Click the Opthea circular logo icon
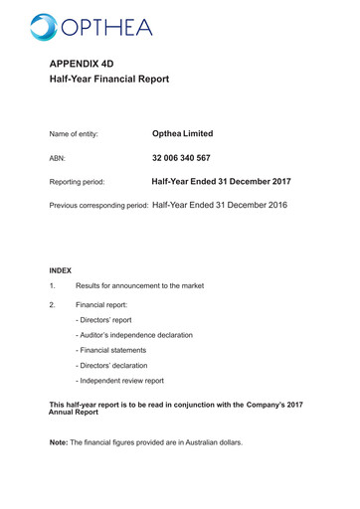click(x=45, y=27)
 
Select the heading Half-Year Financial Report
click(x=109, y=79)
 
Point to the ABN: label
click(x=59, y=158)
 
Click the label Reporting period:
click(x=77, y=182)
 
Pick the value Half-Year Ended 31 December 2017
click(x=221, y=182)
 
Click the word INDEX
click(x=61, y=270)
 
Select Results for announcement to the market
click(x=139, y=286)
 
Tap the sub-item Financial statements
click(x=110, y=350)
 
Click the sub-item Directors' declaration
click(x=111, y=366)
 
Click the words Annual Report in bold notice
click(x=74, y=412)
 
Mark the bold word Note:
click(x=59, y=442)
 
